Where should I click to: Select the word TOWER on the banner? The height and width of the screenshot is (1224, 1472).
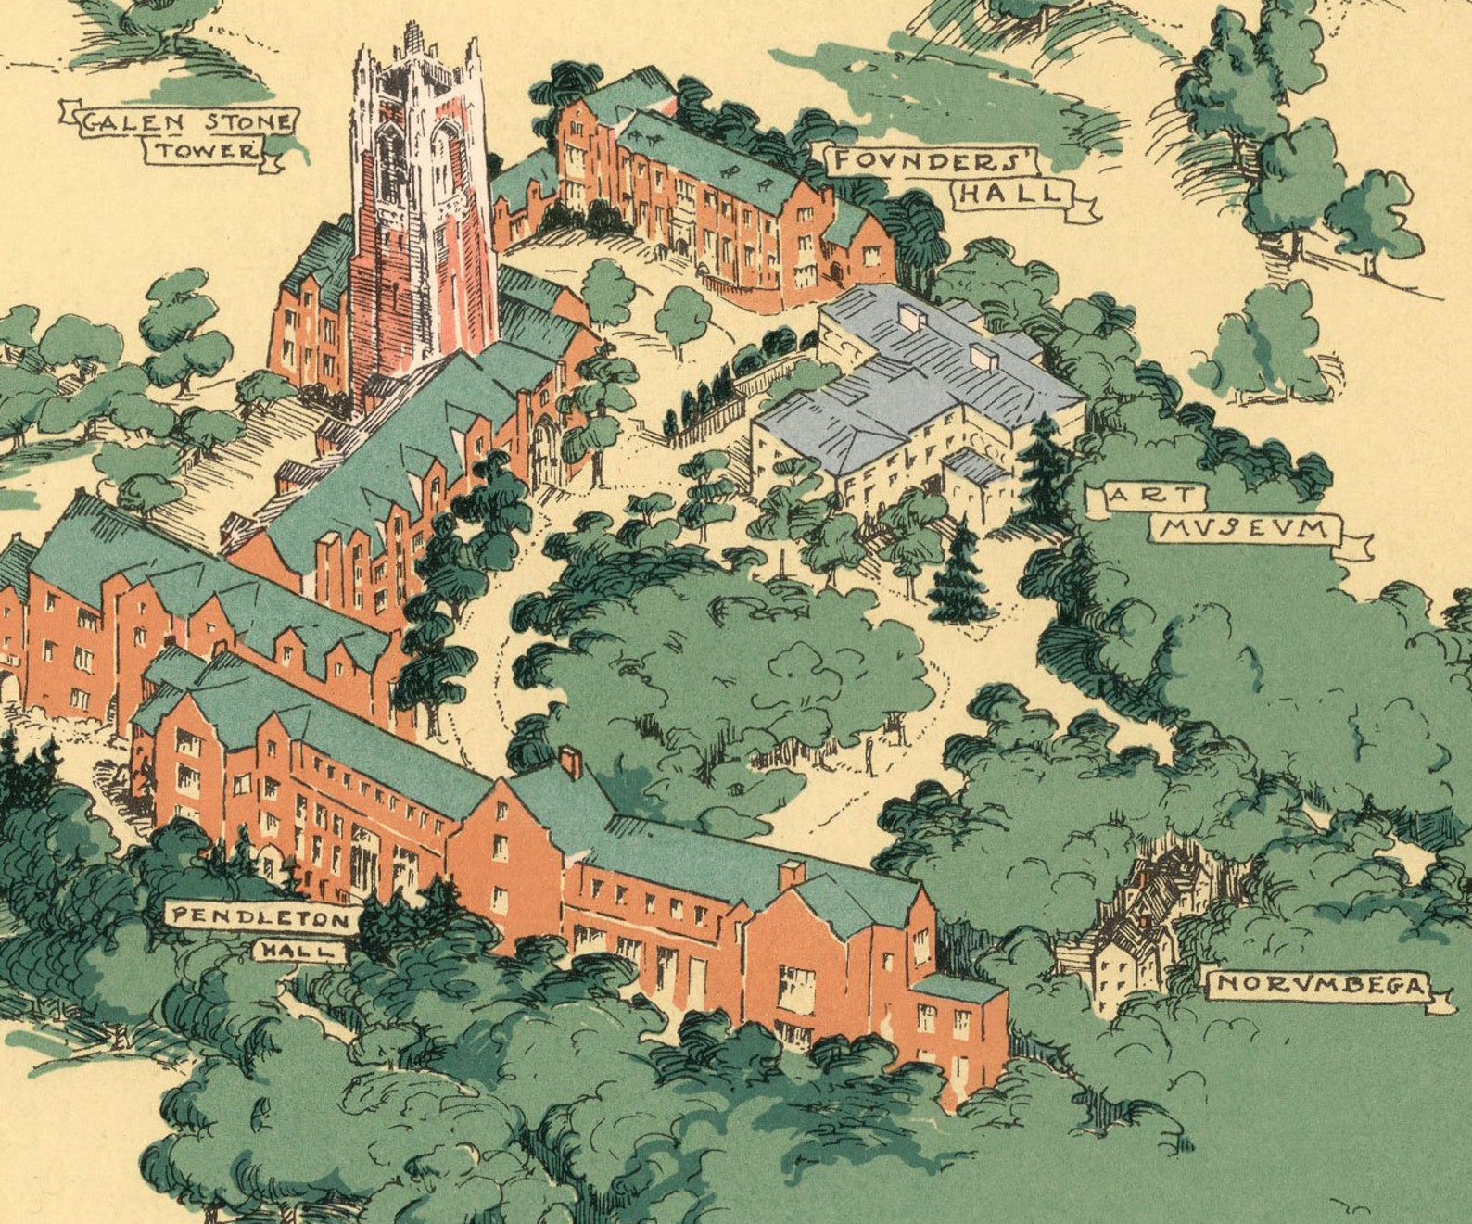(205, 150)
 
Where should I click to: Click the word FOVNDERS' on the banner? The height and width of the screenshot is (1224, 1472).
(933, 160)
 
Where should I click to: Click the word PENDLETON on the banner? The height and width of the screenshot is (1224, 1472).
(260, 917)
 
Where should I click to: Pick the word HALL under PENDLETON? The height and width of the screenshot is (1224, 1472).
(299, 950)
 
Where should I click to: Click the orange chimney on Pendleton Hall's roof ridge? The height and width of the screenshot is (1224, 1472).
(571, 762)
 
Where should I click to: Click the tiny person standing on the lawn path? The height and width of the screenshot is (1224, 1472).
(869, 755)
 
